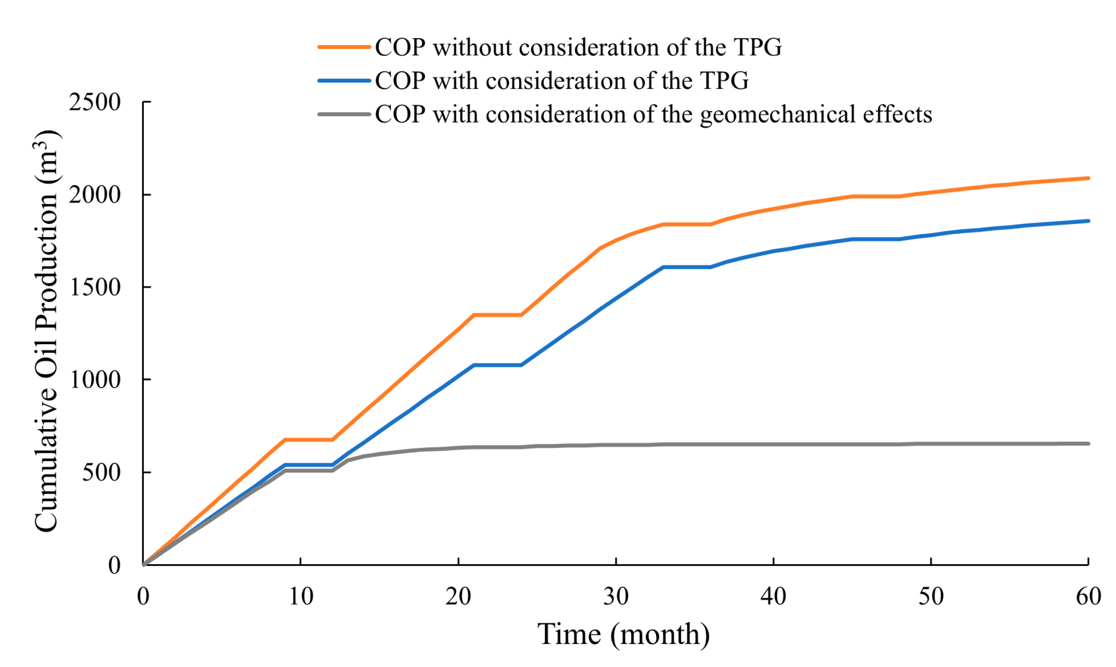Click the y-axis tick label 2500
pyautogui.click(x=95, y=102)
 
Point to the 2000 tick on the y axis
pyautogui.click(x=95, y=195)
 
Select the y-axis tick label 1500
pyautogui.click(x=95, y=288)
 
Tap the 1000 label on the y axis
pyautogui.click(x=95, y=380)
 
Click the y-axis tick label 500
pyautogui.click(x=101, y=472)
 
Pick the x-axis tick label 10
pyautogui.click(x=301, y=597)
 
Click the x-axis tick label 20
pyautogui.click(x=458, y=597)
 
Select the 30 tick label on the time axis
pyautogui.click(x=616, y=597)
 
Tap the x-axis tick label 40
pyautogui.click(x=773, y=597)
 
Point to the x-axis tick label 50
pyautogui.click(x=931, y=597)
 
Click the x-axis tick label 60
pyautogui.click(x=1088, y=597)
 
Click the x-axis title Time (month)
pyautogui.click(x=623, y=634)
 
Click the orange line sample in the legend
pyautogui.click(x=344, y=47)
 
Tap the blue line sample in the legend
pyautogui.click(x=344, y=81)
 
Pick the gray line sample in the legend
pyautogui.click(x=344, y=114)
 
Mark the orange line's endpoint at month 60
pyautogui.click(x=1088, y=178)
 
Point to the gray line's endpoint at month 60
pyautogui.click(x=1088, y=444)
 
